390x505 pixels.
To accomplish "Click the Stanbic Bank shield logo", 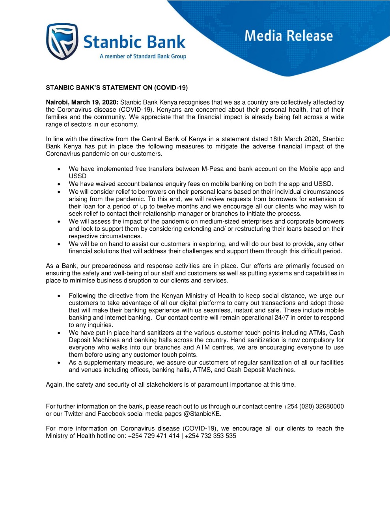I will pyautogui.click(x=62, y=41).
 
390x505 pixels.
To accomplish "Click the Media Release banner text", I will pyautogui.click(x=289, y=36).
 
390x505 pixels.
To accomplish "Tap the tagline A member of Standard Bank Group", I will pyautogui.click(x=143, y=56).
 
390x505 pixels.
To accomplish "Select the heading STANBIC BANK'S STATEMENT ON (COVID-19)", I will pyautogui.click(x=117, y=88).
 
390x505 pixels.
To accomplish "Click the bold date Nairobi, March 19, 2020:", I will pyautogui.click(x=82, y=103).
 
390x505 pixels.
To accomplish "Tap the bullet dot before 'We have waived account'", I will pyautogui.click(x=58, y=184).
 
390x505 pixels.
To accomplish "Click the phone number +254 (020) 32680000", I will pyautogui.click(x=313, y=406).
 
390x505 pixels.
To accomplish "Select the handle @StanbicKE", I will pyautogui.click(x=202, y=414).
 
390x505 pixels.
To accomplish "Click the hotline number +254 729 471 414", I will pyautogui.click(x=153, y=436).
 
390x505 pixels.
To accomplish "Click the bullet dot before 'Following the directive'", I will pyautogui.click(x=58, y=296).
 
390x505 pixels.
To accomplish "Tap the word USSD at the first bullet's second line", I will pyautogui.click(x=77, y=176).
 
